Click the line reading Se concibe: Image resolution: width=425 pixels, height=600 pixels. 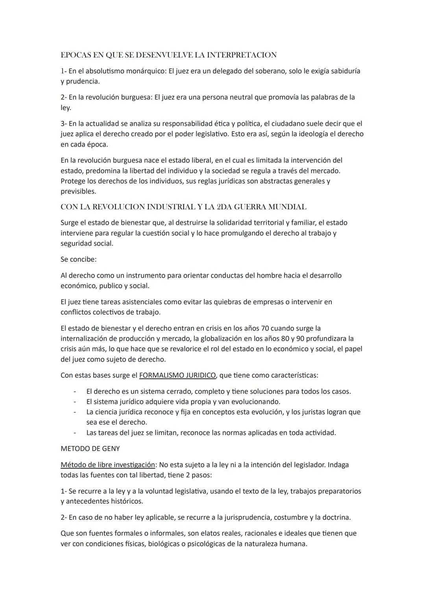(78, 259)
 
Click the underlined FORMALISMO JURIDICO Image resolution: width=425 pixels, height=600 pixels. (177, 375)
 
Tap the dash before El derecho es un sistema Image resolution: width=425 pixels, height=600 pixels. (74, 391)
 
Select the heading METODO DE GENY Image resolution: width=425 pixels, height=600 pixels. (90, 449)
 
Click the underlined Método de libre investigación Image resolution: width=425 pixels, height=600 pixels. (108, 465)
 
